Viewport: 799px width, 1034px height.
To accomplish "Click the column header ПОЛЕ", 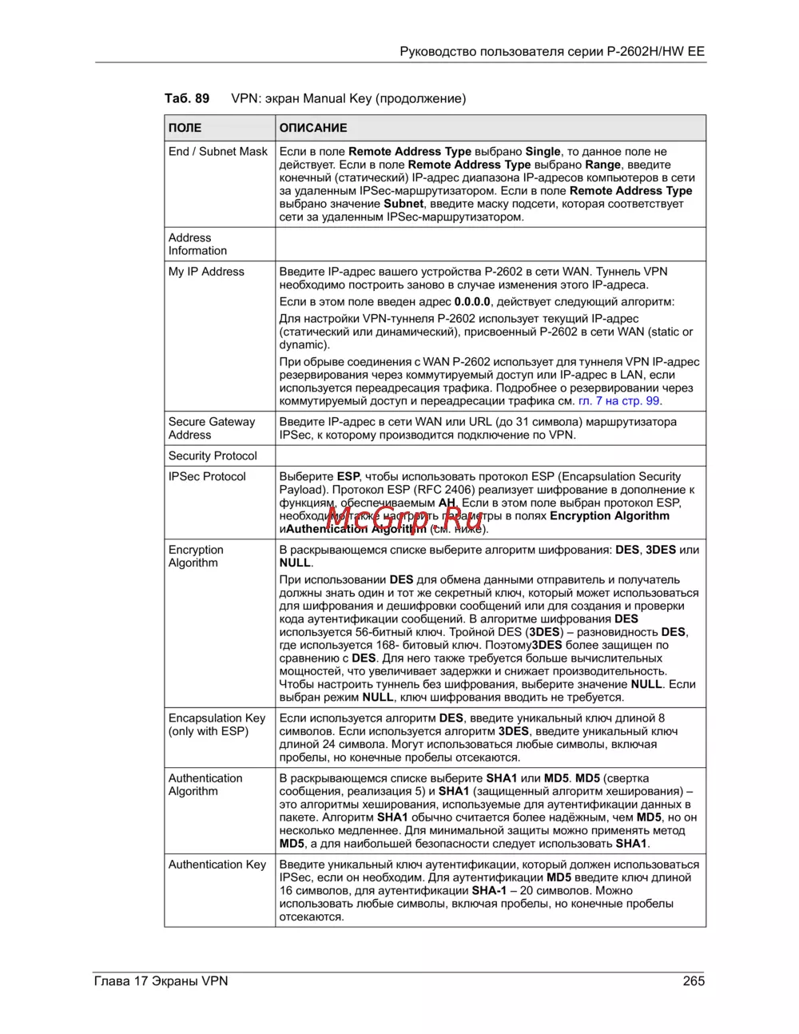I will [185, 128].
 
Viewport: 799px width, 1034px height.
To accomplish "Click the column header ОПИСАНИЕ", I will [313, 128].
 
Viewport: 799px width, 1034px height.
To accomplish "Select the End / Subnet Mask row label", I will [218, 152].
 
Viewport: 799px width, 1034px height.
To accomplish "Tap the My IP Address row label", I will [206, 272].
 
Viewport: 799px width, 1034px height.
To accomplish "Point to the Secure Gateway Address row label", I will [211, 428].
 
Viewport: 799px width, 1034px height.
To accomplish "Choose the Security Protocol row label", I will [213, 456].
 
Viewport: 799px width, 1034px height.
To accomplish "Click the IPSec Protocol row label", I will [207, 477].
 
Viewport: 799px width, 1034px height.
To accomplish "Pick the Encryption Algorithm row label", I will [196, 556].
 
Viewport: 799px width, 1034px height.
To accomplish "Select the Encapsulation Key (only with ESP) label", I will [217, 725].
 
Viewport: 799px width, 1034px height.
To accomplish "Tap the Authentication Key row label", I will [217, 865].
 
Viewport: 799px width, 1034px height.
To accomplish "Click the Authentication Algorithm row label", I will [205, 785].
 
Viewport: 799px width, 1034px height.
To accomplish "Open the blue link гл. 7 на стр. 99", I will [619, 401].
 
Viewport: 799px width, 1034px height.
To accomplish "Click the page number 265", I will [694, 980].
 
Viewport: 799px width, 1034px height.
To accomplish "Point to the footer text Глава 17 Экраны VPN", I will [161, 980].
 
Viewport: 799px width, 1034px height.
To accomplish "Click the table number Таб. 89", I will [187, 98].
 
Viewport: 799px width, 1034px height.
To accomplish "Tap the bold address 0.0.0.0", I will [472, 302].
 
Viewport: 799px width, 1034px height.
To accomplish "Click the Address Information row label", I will [197, 245].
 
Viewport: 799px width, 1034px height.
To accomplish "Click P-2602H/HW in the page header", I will [645, 52].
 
